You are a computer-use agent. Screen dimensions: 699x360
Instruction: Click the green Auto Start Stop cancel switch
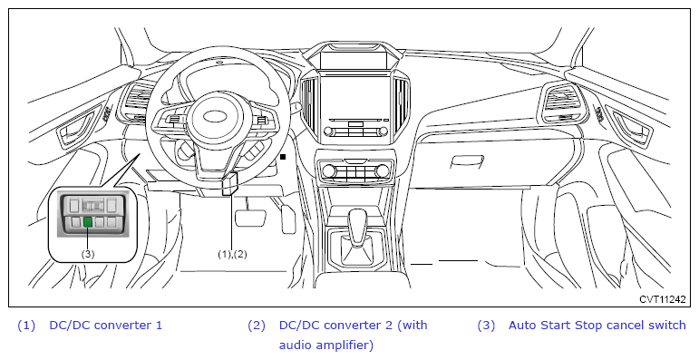(x=88, y=221)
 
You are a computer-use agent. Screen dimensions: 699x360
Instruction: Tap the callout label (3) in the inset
(x=88, y=254)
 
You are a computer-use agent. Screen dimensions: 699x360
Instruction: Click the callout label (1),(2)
(x=232, y=254)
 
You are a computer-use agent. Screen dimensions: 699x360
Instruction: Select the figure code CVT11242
(x=663, y=299)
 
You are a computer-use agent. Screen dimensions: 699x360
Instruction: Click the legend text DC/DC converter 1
(x=106, y=326)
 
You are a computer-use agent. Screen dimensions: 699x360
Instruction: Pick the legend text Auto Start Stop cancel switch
(x=597, y=326)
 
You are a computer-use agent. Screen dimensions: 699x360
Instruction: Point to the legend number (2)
(x=257, y=326)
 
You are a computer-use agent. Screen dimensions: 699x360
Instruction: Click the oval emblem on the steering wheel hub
(x=216, y=116)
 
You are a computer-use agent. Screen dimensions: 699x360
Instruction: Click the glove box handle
(x=467, y=161)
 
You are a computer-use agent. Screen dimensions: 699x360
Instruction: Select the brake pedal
(x=250, y=218)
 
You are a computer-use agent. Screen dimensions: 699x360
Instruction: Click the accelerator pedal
(x=288, y=219)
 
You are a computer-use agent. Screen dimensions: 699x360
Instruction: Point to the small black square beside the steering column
(x=283, y=157)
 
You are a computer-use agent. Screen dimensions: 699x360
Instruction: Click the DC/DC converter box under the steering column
(x=229, y=184)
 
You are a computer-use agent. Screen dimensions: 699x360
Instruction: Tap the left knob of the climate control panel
(x=328, y=170)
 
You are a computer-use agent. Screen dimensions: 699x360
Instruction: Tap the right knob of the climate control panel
(x=382, y=170)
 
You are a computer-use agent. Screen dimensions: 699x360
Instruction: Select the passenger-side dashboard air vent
(x=561, y=103)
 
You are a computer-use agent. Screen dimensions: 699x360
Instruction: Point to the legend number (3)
(x=486, y=326)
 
